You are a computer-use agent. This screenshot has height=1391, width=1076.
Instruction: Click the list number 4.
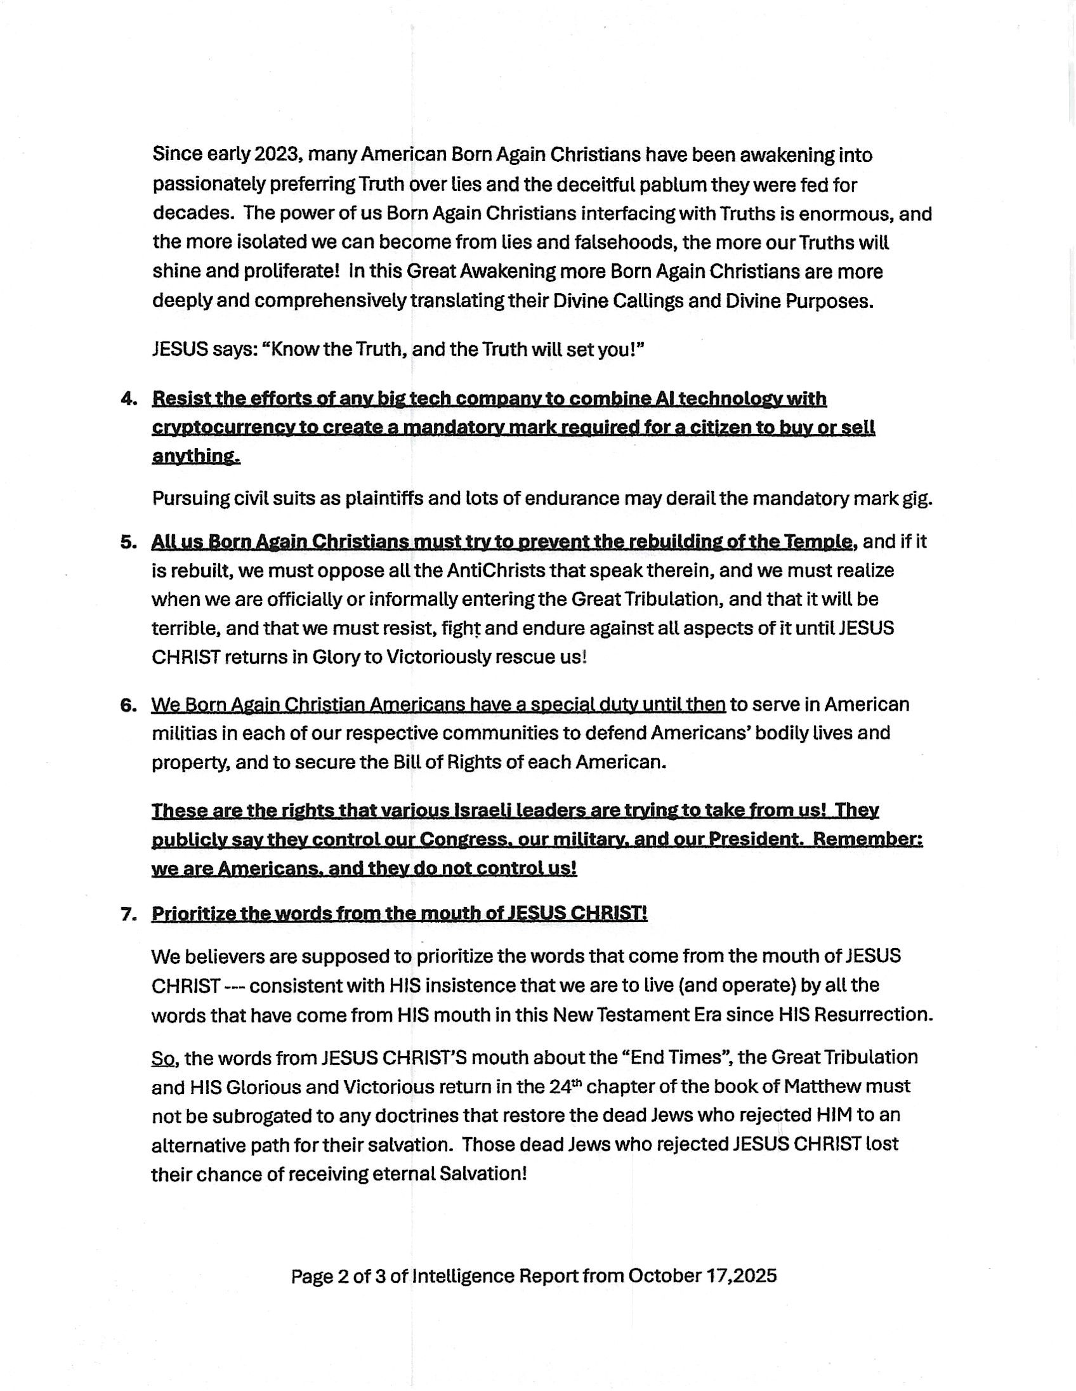[x=128, y=399]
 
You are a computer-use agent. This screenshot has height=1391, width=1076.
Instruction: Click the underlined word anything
[x=195, y=457]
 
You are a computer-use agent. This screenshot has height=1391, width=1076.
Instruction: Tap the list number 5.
[x=128, y=542]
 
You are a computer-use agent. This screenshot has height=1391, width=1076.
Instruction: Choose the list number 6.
[x=128, y=704]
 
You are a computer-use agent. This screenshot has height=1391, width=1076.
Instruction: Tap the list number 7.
[x=128, y=914]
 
